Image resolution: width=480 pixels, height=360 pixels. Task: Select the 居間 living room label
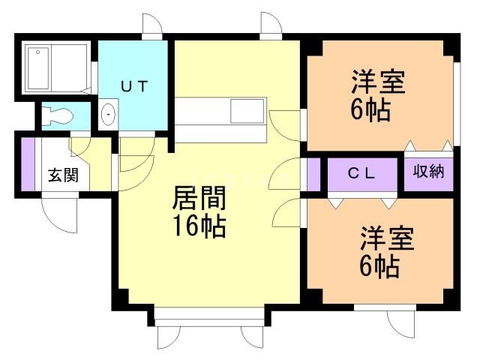click(199, 198)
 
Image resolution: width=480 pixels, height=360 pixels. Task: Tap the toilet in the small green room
click(57, 115)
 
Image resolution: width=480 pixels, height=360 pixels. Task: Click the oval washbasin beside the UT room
click(109, 115)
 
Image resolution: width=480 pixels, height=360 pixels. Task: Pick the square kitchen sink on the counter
click(247, 110)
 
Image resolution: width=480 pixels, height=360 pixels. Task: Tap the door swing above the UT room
click(153, 25)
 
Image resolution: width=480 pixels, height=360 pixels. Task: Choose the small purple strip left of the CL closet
click(313, 175)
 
